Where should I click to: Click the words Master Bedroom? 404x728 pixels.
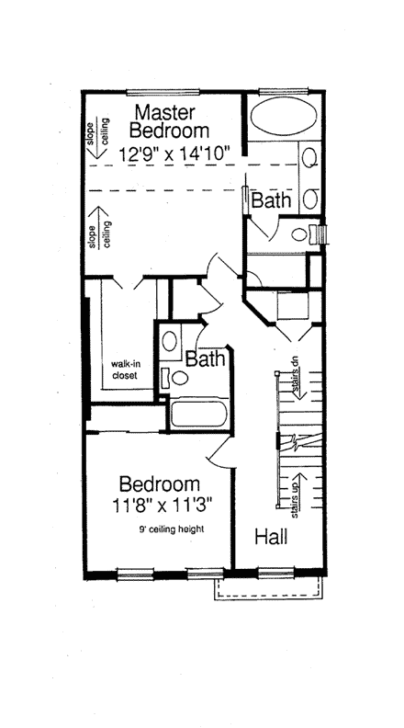click(x=169, y=121)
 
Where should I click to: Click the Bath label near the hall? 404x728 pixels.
click(x=206, y=358)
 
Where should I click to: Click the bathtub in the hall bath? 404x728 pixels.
click(x=199, y=413)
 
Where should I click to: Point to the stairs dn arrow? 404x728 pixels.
click(x=297, y=379)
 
